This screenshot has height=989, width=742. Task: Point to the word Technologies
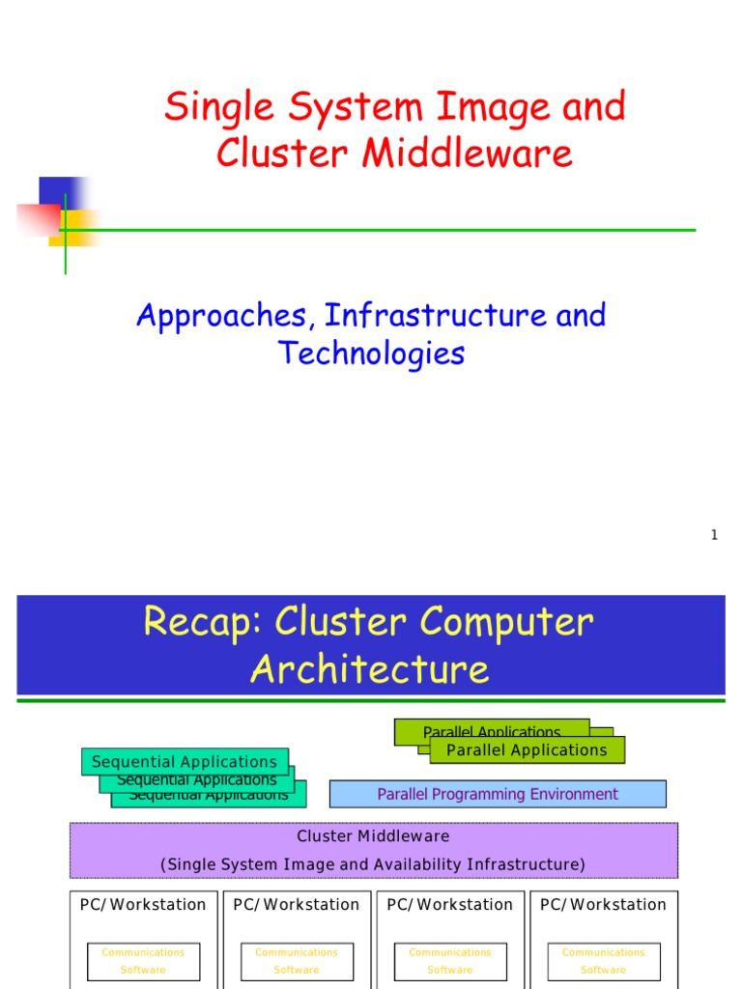371,353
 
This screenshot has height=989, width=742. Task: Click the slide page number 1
714,535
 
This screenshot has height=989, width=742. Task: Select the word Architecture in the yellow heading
370,669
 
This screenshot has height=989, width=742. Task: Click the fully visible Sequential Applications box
185,762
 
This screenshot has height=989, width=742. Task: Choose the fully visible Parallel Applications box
527,750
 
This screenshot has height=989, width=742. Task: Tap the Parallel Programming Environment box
498,794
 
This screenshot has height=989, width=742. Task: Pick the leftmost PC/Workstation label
143,905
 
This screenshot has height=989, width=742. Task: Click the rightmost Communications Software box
604,961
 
